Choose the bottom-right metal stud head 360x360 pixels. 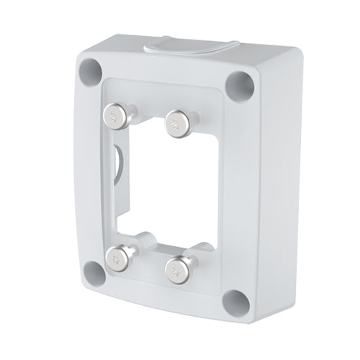175,269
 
